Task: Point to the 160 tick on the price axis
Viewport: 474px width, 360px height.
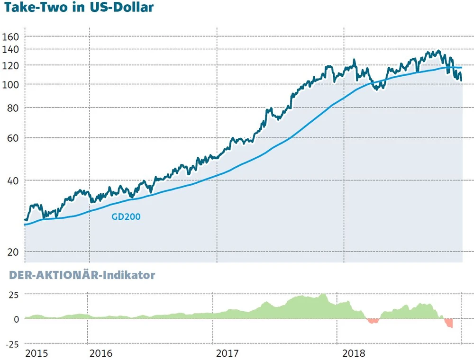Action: [x=10, y=36]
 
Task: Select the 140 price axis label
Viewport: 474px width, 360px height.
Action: [x=10, y=49]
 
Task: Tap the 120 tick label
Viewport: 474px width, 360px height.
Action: [x=10, y=65]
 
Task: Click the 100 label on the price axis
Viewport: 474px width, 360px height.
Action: [x=10, y=84]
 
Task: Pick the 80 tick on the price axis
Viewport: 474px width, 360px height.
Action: [x=13, y=108]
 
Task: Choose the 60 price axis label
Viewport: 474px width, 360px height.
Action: [x=13, y=138]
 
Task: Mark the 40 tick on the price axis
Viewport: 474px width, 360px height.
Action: [x=13, y=180]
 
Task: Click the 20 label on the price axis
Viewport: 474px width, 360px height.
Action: [x=13, y=252]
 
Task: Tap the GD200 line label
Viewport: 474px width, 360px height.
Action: [x=126, y=217]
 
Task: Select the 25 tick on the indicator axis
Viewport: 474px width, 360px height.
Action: [x=13, y=295]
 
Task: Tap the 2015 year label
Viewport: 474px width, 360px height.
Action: [x=36, y=353]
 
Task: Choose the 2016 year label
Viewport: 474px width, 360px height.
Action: [x=100, y=353]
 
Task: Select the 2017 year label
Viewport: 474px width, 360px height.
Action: [x=227, y=353]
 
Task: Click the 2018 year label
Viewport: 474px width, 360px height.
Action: [x=354, y=353]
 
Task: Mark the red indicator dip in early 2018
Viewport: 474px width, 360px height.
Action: [x=374, y=321]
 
